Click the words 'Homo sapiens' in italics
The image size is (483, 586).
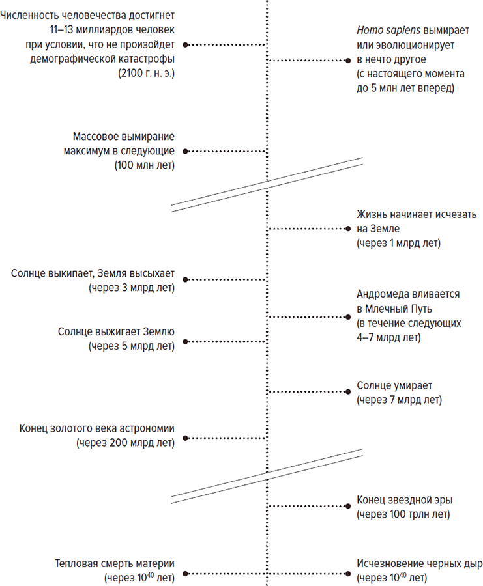click(x=388, y=30)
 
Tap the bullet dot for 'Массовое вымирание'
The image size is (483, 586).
click(x=185, y=151)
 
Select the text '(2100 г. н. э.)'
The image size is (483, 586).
click(x=146, y=73)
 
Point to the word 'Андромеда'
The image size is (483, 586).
click(x=386, y=294)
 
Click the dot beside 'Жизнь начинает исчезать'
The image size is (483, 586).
click(x=348, y=229)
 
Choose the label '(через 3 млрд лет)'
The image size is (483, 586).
click(x=131, y=288)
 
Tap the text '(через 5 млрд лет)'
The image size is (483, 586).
click(x=131, y=346)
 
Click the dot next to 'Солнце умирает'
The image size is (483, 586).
click(x=348, y=392)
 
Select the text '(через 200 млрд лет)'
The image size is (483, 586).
click(x=125, y=443)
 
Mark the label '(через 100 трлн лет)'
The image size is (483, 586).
click(x=403, y=514)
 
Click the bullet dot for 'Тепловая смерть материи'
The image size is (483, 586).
click(x=185, y=574)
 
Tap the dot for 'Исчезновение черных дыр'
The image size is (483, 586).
click(x=348, y=574)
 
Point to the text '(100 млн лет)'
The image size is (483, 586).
click(x=145, y=165)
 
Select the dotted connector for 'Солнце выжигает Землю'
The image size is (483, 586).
click(x=227, y=342)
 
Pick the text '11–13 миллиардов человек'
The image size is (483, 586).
click(x=112, y=29)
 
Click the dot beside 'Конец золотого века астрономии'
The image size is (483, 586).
click(x=185, y=438)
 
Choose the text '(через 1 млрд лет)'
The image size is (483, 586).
click(x=398, y=244)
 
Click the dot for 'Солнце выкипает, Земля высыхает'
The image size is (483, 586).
click(x=185, y=279)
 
